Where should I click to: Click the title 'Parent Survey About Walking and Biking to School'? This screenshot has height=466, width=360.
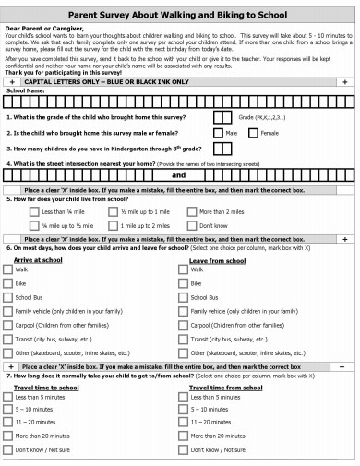[180, 14]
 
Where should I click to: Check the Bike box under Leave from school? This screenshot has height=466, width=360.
[183, 283]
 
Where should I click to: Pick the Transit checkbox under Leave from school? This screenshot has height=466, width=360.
[183, 339]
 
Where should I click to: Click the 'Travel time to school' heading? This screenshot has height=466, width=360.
[46, 388]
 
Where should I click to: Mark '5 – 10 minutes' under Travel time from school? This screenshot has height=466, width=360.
[183, 408]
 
